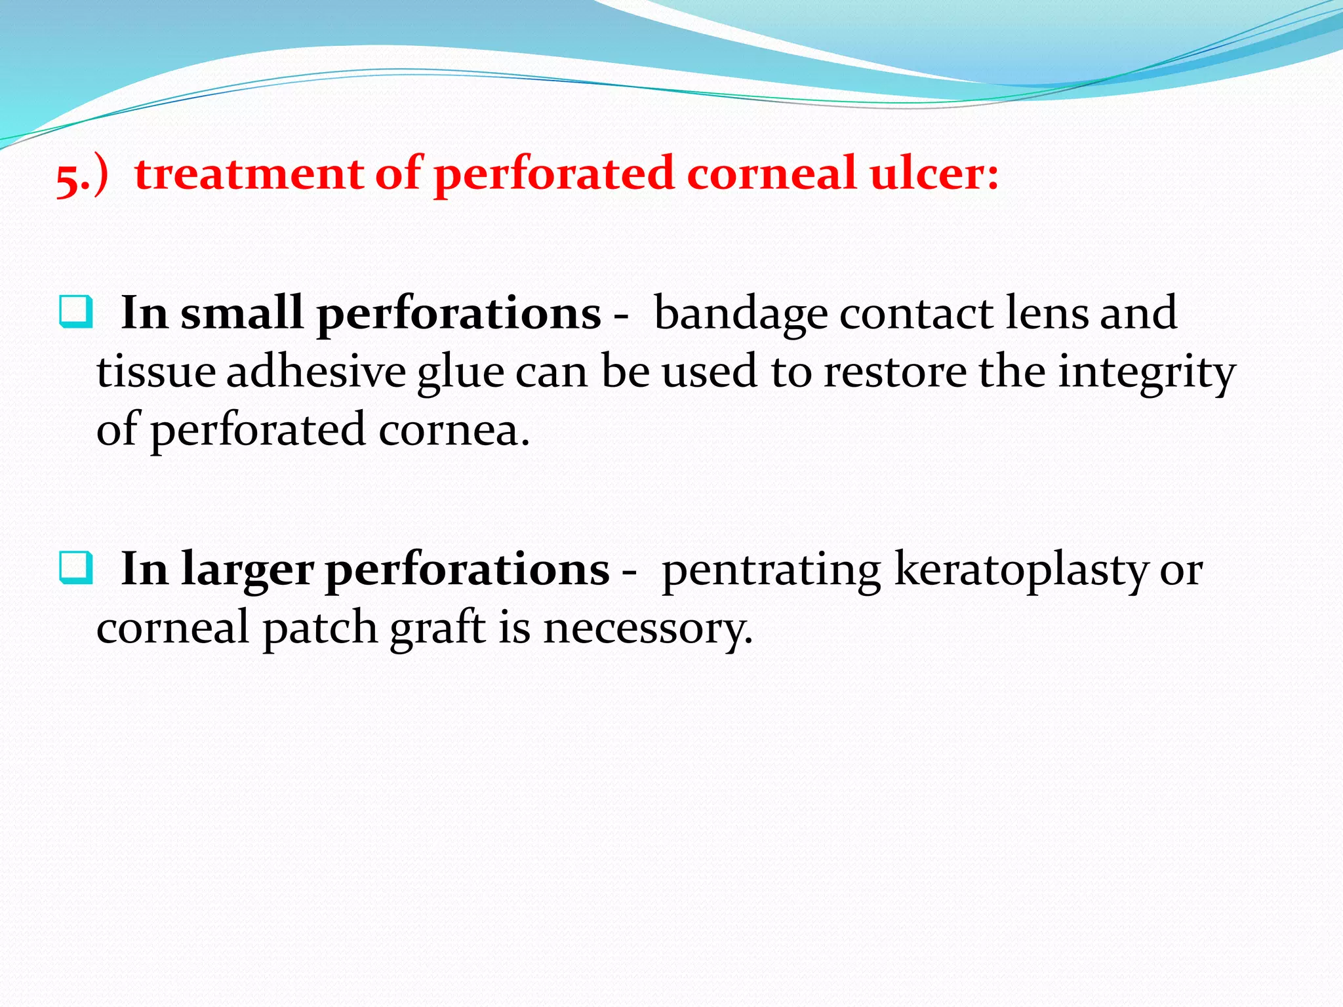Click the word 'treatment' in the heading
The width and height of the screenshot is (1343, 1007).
249,174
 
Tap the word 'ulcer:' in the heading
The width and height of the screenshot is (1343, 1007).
934,174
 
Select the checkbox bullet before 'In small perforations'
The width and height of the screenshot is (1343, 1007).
75,312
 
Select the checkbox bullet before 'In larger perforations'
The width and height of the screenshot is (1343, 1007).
75,568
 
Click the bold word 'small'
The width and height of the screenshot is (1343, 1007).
241,313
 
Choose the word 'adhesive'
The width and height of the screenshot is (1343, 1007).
316,372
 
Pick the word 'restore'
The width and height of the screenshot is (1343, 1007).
894,372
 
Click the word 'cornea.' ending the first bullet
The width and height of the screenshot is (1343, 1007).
454,431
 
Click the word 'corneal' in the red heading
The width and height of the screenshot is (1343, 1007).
772,174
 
